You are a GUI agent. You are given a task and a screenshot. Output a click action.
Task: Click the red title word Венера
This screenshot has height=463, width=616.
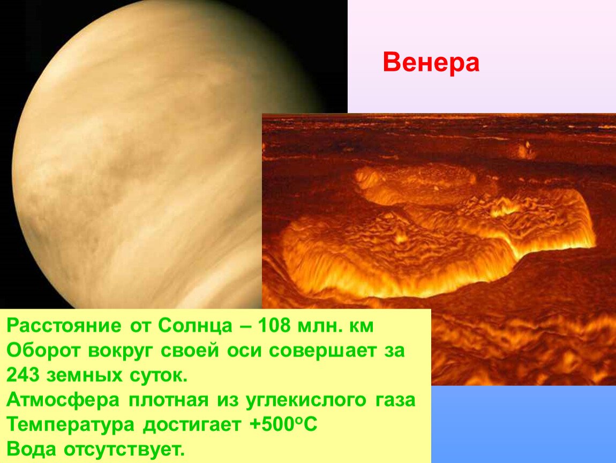click(431, 63)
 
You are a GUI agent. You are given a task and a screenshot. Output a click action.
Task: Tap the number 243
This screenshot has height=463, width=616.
click(23, 375)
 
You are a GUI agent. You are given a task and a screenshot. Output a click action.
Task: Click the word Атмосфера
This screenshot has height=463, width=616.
click(63, 400)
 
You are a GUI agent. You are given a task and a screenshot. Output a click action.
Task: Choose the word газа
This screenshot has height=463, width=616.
click(395, 400)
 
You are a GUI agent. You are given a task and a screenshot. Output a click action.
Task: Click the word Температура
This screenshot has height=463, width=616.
click(70, 425)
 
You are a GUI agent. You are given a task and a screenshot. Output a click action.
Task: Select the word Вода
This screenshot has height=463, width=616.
click(32, 449)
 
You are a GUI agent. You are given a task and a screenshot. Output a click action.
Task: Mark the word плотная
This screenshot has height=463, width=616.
click(168, 400)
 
